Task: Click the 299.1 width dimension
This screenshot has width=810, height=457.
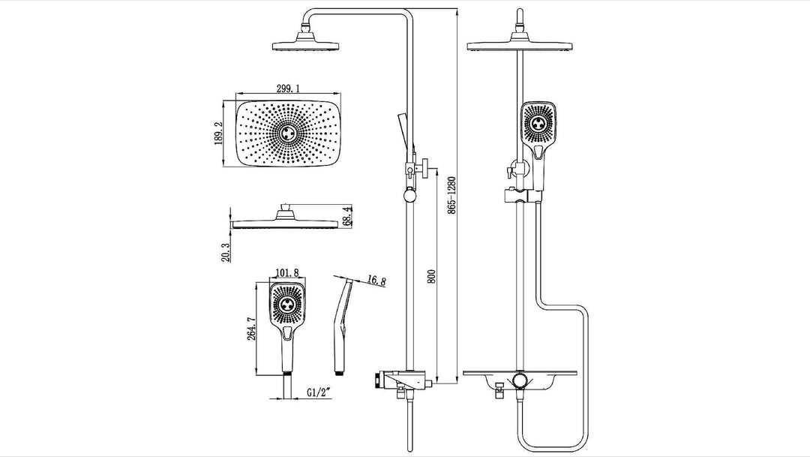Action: click(x=289, y=89)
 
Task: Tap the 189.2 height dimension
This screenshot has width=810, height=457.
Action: click(x=219, y=135)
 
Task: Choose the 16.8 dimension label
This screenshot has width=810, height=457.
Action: click(x=376, y=282)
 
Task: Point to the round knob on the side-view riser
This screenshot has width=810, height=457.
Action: click(x=409, y=196)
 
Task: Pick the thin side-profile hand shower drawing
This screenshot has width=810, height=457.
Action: click(x=341, y=323)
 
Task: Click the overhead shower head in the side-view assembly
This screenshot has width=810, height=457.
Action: click(x=303, y=46)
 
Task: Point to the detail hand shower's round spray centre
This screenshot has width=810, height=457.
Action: click(x=287, y=305)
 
